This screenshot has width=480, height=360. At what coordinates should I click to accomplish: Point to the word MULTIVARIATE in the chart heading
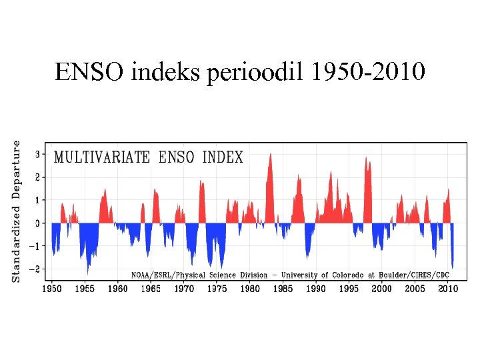102,158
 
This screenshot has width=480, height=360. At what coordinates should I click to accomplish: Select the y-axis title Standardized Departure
17,211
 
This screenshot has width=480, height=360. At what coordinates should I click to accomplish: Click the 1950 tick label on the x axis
52,289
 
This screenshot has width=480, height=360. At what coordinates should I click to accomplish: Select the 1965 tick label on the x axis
151,289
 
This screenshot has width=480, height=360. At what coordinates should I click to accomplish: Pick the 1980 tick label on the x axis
250,289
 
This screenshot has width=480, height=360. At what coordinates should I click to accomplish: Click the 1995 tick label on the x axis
349,289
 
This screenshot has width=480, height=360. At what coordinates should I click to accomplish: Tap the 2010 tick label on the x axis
447,289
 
